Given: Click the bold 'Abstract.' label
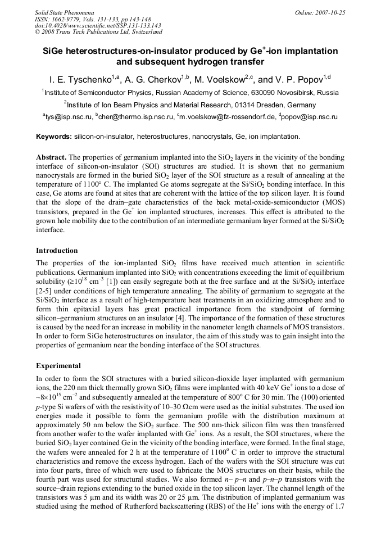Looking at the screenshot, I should (51, 157).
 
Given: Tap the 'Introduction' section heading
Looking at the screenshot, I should (57, 250).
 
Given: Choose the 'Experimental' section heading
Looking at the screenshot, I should (58, 365).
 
